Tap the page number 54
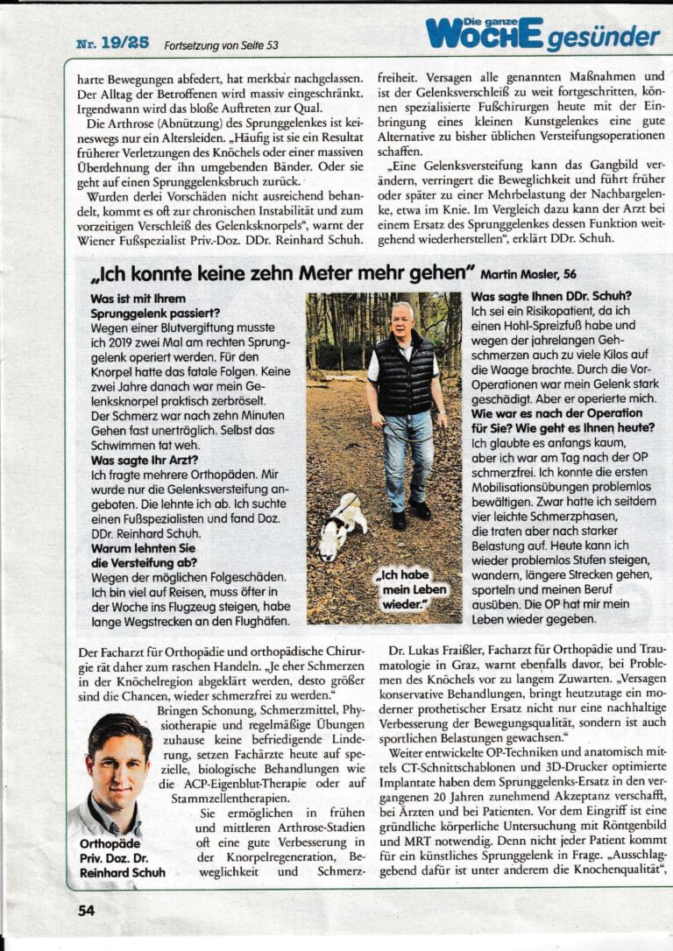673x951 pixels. (85, 910)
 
